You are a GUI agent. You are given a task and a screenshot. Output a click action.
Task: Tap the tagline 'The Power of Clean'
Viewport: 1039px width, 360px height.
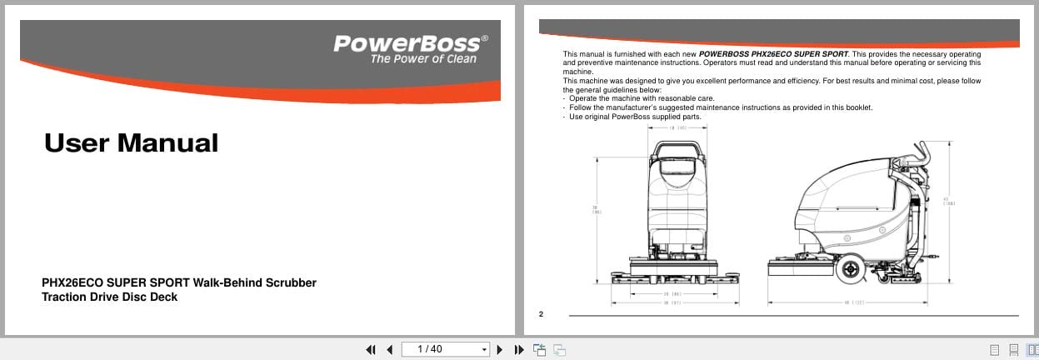(x=423, y=59)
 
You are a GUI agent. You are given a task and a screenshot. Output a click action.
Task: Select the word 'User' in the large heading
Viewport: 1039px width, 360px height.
(x=76, y=143)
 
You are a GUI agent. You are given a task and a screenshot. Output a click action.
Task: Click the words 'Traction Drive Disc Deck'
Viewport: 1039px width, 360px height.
(x=109, y=297)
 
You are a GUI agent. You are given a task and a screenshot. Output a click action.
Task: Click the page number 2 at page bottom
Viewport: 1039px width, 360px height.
(x=541, y=313)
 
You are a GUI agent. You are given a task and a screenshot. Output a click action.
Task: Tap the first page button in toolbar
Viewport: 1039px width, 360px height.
(x=371, y=349)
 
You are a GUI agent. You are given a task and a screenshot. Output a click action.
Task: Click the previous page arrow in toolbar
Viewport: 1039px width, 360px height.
(x=389, y=349)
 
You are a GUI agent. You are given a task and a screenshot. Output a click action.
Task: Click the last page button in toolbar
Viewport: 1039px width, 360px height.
(x=518, y=349)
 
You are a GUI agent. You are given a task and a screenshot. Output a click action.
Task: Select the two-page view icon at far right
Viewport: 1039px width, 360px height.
(x=1033, y=349)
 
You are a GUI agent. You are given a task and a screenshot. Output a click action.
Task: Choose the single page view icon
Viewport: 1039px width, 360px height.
(x=994, y=349)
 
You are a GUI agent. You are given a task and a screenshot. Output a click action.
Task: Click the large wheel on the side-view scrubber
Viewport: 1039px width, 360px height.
(x=851, y=268)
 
